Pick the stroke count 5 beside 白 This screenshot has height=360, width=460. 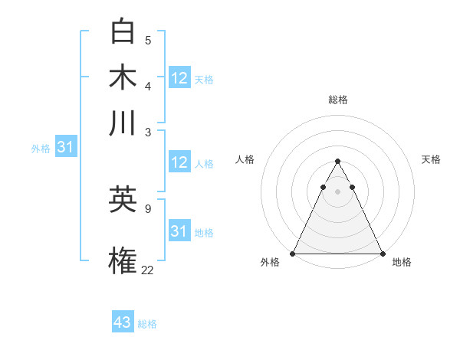pyautogui.click(x=148, y=40)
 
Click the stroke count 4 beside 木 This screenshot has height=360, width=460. pyautogui.click(x=148, y=85)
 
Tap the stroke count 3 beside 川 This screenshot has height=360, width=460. pyautogui.click(x=148, y=131)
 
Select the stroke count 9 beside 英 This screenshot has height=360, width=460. pyautogui.click(x=148, y=208)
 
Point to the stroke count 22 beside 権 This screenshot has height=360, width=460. pyautogui.click(x=148, y=269)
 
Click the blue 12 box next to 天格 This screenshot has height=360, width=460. pyautogui.click(x=179, y=78)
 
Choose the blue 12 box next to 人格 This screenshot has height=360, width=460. pyautogui.click(x=179, y=162)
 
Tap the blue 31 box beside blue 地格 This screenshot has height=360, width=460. pyautogui.click(x=179, y=231)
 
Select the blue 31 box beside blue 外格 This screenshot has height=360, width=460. pyautogui.click(x=65, y=147)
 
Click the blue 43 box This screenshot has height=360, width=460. pyautogui.click(x=123, y=322)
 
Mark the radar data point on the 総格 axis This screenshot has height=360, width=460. pyautogui.click(x=337, y=162)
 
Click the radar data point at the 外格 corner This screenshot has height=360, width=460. pyautogui.click(x=293, y=254)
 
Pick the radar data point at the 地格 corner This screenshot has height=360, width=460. pyautogui.click(x=382, y=254)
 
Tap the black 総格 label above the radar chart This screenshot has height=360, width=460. pyautogui.click(x=337, y=100)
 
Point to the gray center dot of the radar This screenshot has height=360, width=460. pyautogui.click(x=337, y=191)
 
